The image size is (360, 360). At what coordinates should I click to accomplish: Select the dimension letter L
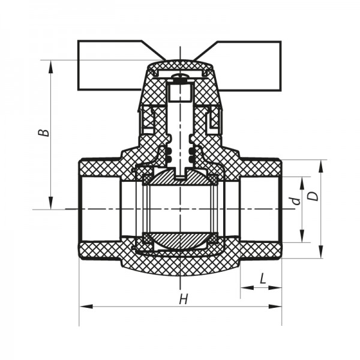pyautogui.click(x=262, y=279)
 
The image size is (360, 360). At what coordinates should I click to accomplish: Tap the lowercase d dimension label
pyautogui.click(x=295, y=201)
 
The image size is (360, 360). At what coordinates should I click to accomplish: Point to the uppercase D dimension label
pyautogui.click(x=311, y=196)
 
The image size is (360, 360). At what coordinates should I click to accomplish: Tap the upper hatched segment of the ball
pyautogui.click(x=180, y=178)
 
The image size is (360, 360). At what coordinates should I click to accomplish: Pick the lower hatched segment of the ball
pyautogui.click(x=180, y=240)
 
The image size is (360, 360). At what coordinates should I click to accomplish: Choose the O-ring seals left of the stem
pyautogui.click(x=168, y=154)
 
